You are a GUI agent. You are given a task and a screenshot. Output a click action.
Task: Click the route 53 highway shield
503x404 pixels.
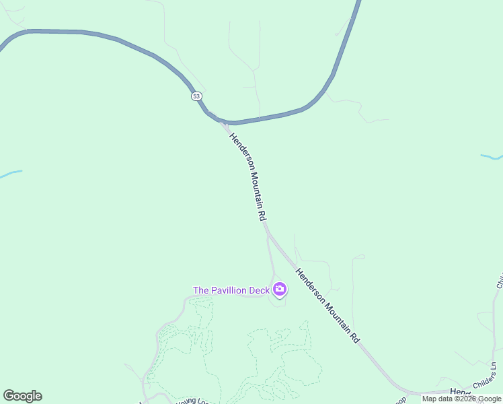[196, 96]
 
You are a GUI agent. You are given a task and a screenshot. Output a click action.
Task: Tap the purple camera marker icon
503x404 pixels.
[279, 290]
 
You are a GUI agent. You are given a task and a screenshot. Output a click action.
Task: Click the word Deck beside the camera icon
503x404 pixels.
[262, 290]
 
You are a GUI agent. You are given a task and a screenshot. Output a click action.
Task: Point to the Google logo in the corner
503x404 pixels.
[23, 396]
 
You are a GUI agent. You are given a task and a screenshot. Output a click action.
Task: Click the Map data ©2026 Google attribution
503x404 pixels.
[461, 399]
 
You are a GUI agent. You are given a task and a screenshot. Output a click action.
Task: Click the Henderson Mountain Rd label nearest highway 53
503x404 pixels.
[248, 177]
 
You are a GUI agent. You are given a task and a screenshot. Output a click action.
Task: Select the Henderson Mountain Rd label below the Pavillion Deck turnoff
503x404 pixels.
[327, 305]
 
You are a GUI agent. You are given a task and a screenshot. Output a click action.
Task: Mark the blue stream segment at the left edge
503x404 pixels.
[10, 174]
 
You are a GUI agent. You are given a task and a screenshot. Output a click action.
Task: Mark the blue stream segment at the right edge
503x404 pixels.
[492, 157]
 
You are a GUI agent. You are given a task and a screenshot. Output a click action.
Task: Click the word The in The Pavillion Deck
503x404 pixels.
[201, 290]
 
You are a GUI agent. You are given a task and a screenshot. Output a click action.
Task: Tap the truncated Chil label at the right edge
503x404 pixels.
[500, 281]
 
